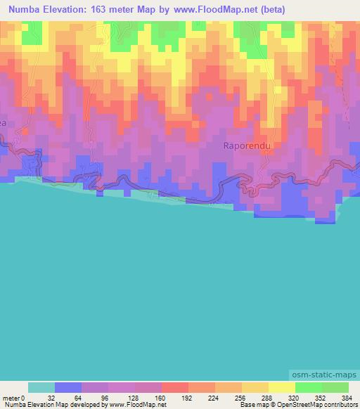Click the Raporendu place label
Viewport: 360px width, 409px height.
[247, 145]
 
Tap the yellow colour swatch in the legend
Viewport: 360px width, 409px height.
[281, 387]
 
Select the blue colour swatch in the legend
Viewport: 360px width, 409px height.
[68, 387]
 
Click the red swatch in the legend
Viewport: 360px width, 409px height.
[174, 387]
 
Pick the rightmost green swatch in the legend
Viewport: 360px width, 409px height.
[335, 387]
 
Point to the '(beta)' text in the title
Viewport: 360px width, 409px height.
[271, 10]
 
